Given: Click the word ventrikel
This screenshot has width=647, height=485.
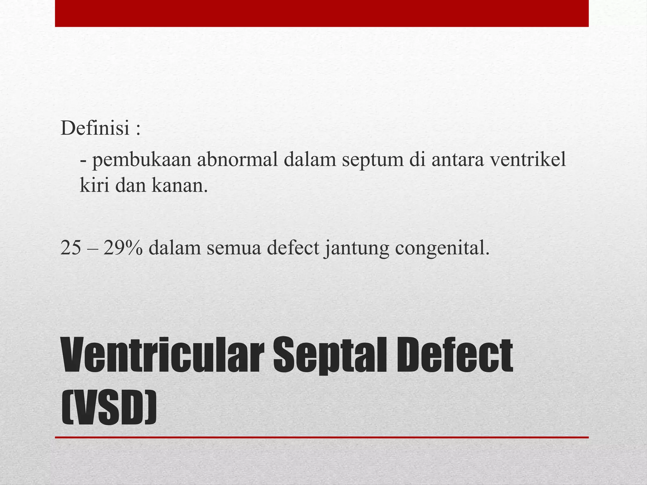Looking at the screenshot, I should [527, 159].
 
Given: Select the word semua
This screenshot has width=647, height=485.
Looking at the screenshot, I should [234, 248].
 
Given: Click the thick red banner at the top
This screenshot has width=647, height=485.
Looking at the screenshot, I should [322, 13].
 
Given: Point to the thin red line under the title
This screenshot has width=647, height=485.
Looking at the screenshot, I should [322, 437].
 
